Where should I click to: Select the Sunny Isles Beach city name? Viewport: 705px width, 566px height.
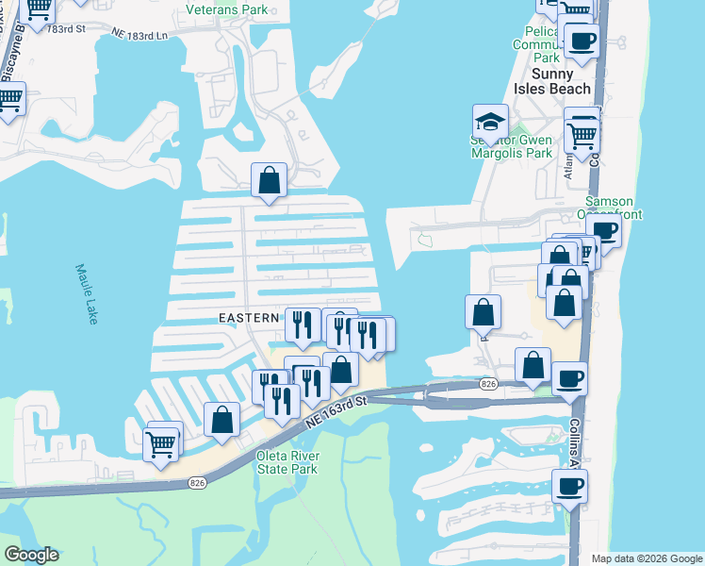(548, 81)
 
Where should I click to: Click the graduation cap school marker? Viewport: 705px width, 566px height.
(490, 122)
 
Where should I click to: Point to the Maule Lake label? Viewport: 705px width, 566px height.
(86, 293)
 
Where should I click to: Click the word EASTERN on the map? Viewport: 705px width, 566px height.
(249, 318)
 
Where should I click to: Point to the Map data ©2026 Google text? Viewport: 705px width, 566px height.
(647, 558)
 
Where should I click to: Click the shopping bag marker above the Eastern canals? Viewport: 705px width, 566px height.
(270, 179)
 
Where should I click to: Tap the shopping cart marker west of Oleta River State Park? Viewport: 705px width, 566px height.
(161, 441)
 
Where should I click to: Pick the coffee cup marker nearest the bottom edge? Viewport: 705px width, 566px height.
(569, 488)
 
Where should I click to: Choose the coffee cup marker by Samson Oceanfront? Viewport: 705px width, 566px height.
(603, 232)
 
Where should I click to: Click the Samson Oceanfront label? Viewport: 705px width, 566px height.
(614, 208)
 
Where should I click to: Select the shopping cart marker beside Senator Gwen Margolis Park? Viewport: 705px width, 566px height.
(582, 137)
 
